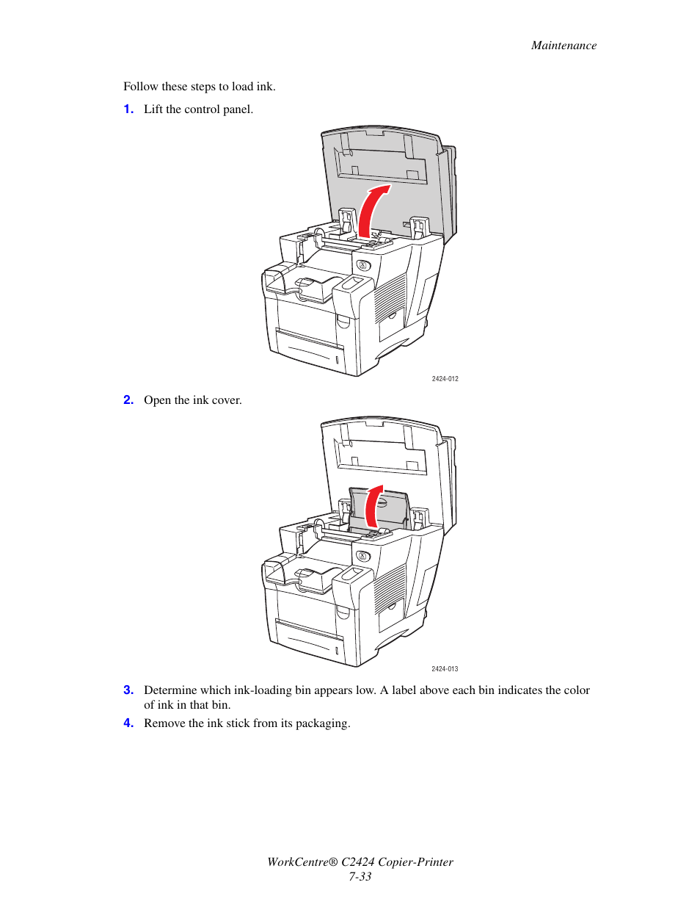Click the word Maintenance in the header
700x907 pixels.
(x=564, y=46)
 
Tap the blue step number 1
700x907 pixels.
(x=128, y=109)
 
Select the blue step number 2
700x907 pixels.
(x=128, y=400)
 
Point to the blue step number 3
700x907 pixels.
(x=128, y=690)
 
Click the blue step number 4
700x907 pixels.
(x=128, y=723)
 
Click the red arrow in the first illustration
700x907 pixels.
(x=371, y=209)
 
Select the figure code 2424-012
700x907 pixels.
(x=445, y=379)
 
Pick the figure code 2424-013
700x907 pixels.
(x=445, y=669)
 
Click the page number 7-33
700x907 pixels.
(x=360, y=877)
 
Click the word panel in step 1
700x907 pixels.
(x=238, y=109)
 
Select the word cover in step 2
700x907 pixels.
(x=226, y=400)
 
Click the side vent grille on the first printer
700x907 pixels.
(x=390, y=297)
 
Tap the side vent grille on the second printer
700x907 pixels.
(x=390, y=588)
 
